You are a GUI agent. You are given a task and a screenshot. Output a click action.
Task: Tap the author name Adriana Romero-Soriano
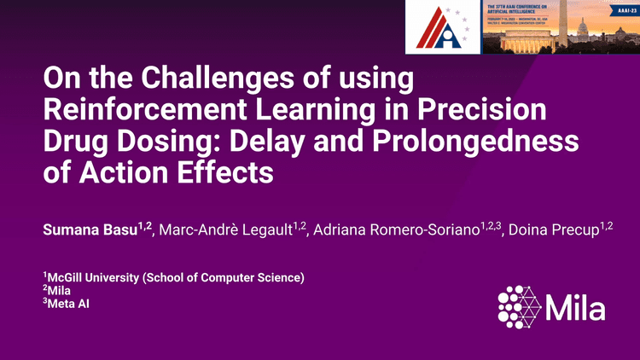point(396,230)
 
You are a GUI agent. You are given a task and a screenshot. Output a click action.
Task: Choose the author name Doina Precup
point(552,230)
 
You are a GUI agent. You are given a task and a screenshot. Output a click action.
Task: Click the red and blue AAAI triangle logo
point(442,26)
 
